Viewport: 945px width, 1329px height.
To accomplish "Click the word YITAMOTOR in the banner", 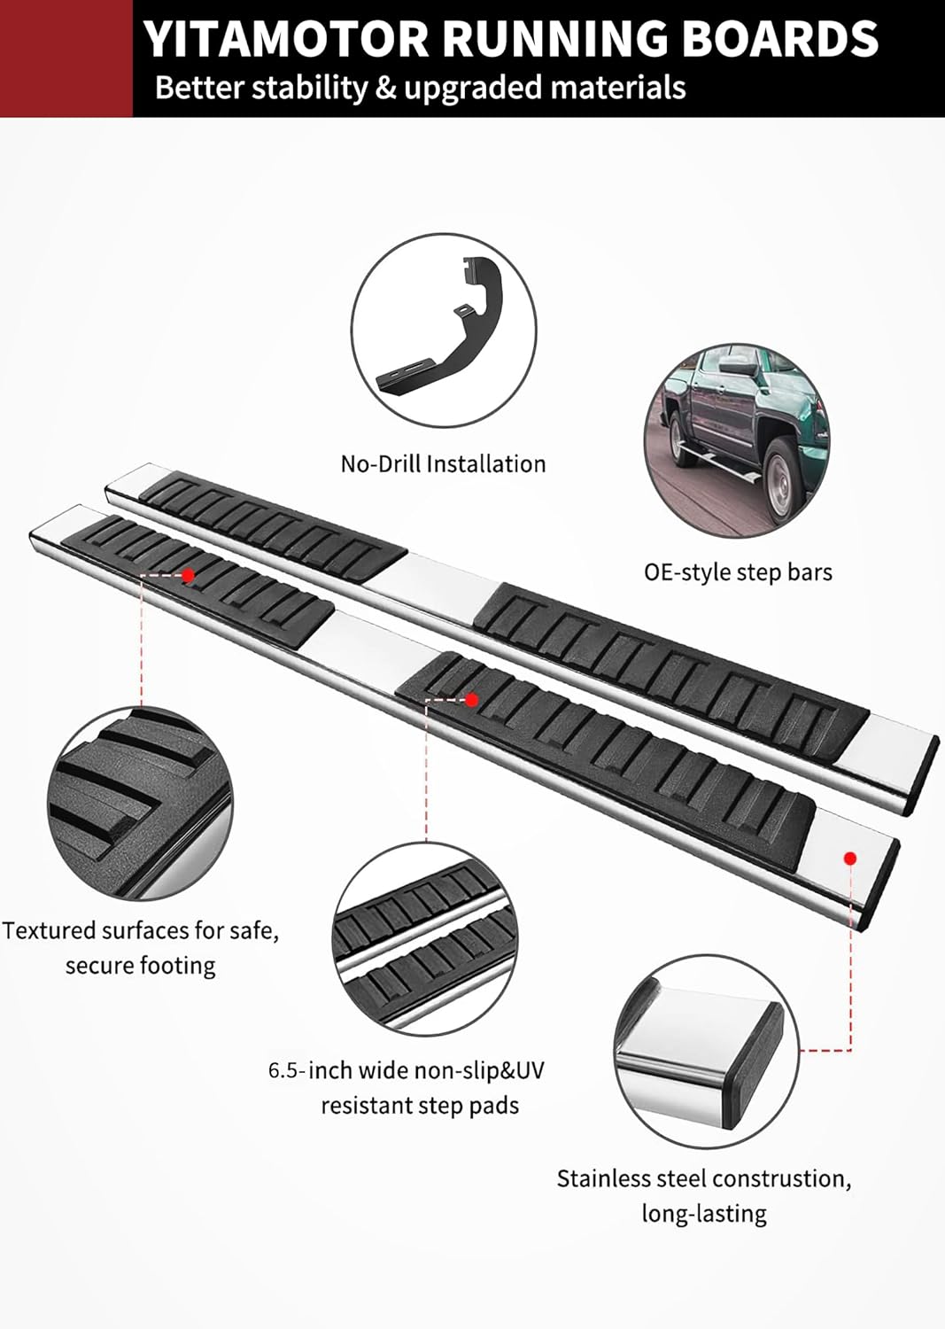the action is pos(287,39).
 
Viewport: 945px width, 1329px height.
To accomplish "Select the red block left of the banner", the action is pos(66,58).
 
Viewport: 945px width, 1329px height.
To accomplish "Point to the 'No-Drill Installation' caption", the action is pos(443,464).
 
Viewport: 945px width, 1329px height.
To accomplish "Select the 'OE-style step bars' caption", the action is pos(738,572).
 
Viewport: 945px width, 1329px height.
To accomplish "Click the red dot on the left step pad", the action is pos(188,575).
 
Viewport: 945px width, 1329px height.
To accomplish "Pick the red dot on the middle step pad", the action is pos(471,700).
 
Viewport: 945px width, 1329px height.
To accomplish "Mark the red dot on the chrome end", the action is pos(851,858).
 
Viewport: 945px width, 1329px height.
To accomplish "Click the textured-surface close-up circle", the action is pos(141,804).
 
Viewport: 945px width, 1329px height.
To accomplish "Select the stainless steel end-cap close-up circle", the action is pos(707,1052).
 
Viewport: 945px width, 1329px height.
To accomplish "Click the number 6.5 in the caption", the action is pos(287,1071).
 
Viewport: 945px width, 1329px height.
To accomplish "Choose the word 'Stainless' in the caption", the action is pos(605,1178).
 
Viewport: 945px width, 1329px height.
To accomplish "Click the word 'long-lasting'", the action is pos(704,1214).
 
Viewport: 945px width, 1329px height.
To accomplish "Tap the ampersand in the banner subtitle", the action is pos(386,88).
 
